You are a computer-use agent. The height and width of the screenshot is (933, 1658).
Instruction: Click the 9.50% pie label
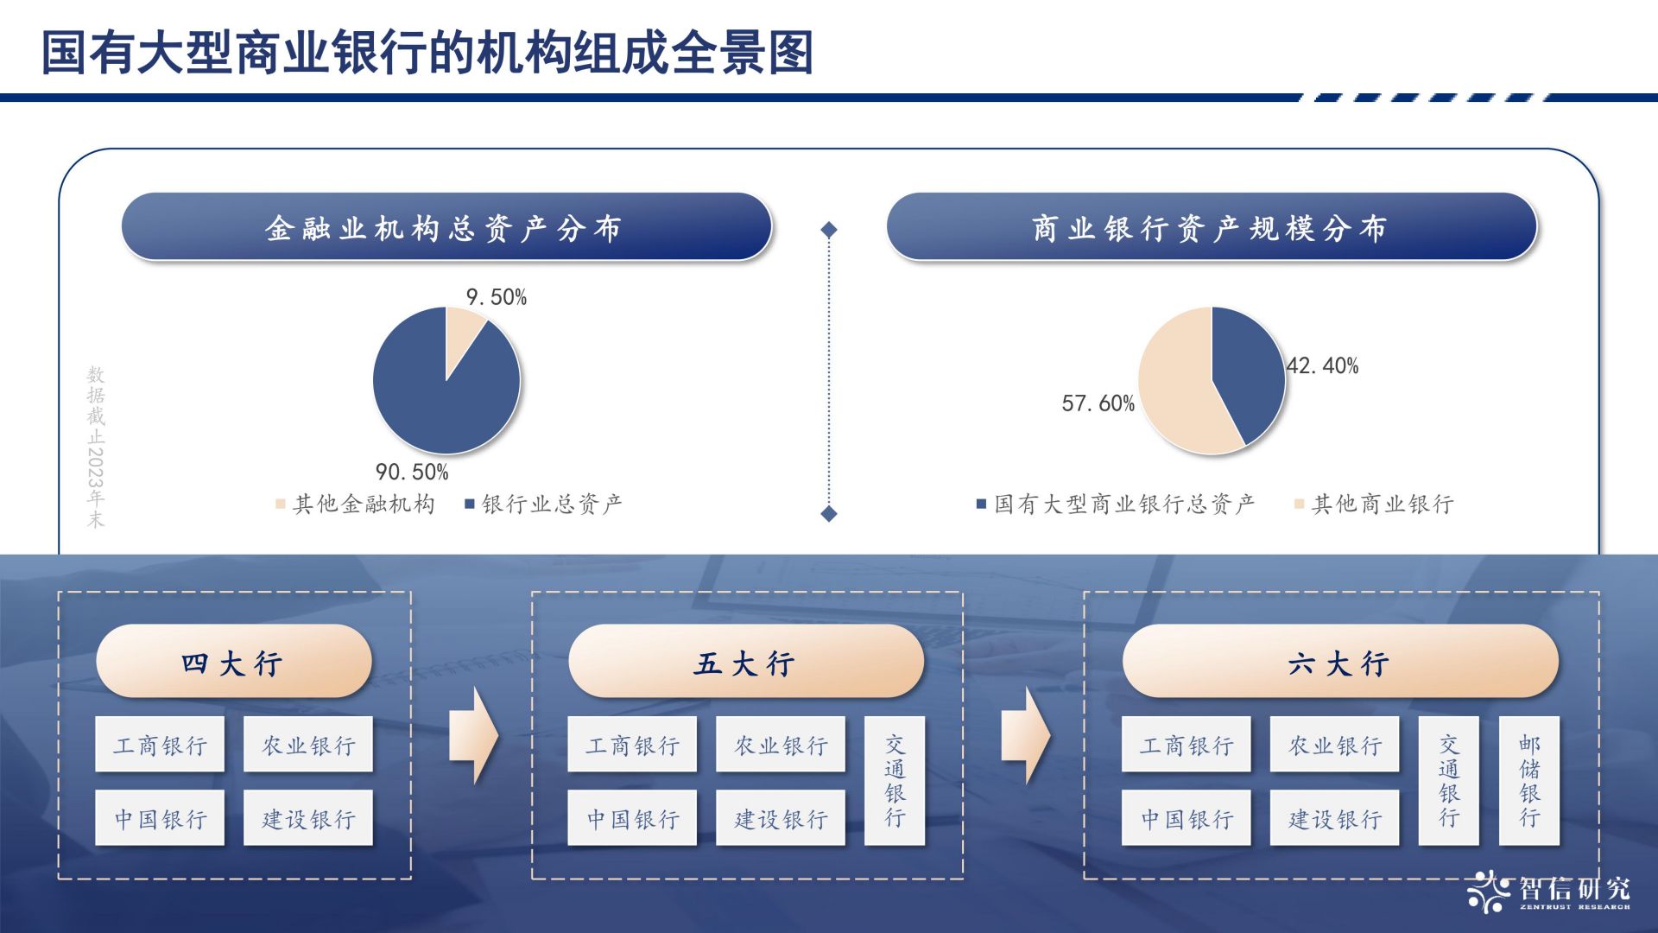pos(497,297)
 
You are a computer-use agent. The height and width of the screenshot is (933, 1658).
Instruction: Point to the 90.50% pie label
pos(412,472)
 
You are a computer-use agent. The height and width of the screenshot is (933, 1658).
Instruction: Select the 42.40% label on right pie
pos(1322,366)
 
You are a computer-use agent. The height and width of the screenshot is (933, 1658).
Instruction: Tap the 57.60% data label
pos(1098,403)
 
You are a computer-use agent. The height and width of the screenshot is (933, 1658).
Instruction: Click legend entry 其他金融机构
pos(356,504)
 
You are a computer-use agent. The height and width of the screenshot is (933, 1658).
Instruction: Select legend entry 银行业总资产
pos(544,504)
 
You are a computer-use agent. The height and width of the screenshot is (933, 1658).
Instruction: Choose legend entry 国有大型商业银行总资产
pos(1116,504)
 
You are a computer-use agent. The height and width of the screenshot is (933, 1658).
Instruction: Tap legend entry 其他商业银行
pos(1374,504)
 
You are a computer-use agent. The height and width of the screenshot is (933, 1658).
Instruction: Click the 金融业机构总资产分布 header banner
pos(446,227)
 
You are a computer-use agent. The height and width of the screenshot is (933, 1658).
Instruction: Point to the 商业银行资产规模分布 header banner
pos(1211,227)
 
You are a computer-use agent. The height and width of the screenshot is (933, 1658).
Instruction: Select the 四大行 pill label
pos(233,662)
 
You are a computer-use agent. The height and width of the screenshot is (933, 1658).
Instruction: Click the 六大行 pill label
pos(1339,662)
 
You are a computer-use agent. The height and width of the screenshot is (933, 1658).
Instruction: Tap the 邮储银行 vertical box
pos(1529,781)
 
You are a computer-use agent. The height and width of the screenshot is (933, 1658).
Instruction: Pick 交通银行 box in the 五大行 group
pos(895,781)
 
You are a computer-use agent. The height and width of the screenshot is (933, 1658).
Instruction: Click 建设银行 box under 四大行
pos(308,818)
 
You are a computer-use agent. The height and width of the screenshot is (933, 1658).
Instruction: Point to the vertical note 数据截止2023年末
pos(96,447)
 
